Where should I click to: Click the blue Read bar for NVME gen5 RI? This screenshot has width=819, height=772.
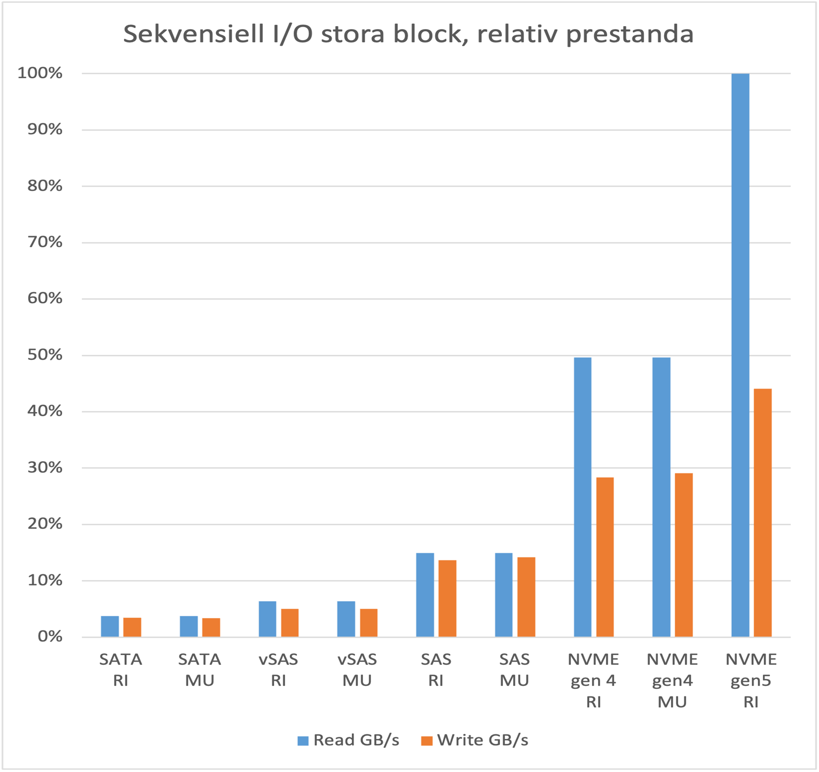[x=740, y=355]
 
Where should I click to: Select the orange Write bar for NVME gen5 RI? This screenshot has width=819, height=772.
[x=762, y=512]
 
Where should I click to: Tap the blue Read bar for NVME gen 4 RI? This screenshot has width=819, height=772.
[x=582, y=497]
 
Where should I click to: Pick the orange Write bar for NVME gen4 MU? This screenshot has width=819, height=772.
[x=683, y=555]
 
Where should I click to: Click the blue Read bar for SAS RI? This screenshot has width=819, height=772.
[x=425, y=595]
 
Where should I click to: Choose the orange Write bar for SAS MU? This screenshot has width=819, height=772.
[x=526, y=597]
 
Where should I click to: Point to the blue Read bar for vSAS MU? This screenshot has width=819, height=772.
[x=346, y=619]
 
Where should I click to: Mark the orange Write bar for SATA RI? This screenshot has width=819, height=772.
[x=132, y=627]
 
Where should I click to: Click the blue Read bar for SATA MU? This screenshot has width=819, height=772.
[x=188, y=626]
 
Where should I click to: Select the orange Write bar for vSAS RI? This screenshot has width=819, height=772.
[x=290, y=622]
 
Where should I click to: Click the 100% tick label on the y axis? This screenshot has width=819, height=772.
[x=40, y=73]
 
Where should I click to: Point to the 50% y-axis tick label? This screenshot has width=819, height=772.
[x=45, y=355]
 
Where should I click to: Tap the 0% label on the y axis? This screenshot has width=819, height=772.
[x=50, y=636]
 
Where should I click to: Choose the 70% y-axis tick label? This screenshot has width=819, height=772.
[x=45, y=242]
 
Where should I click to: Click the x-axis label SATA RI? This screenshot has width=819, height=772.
[x=120, y=670]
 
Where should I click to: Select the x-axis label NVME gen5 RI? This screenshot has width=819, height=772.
[x=751, y=680]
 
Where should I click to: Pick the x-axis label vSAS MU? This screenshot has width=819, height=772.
[x=357, y=670]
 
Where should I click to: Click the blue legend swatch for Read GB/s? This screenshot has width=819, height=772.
[x=303, y=740]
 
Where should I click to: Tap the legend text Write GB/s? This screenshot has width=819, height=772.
[x=482, y=740]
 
